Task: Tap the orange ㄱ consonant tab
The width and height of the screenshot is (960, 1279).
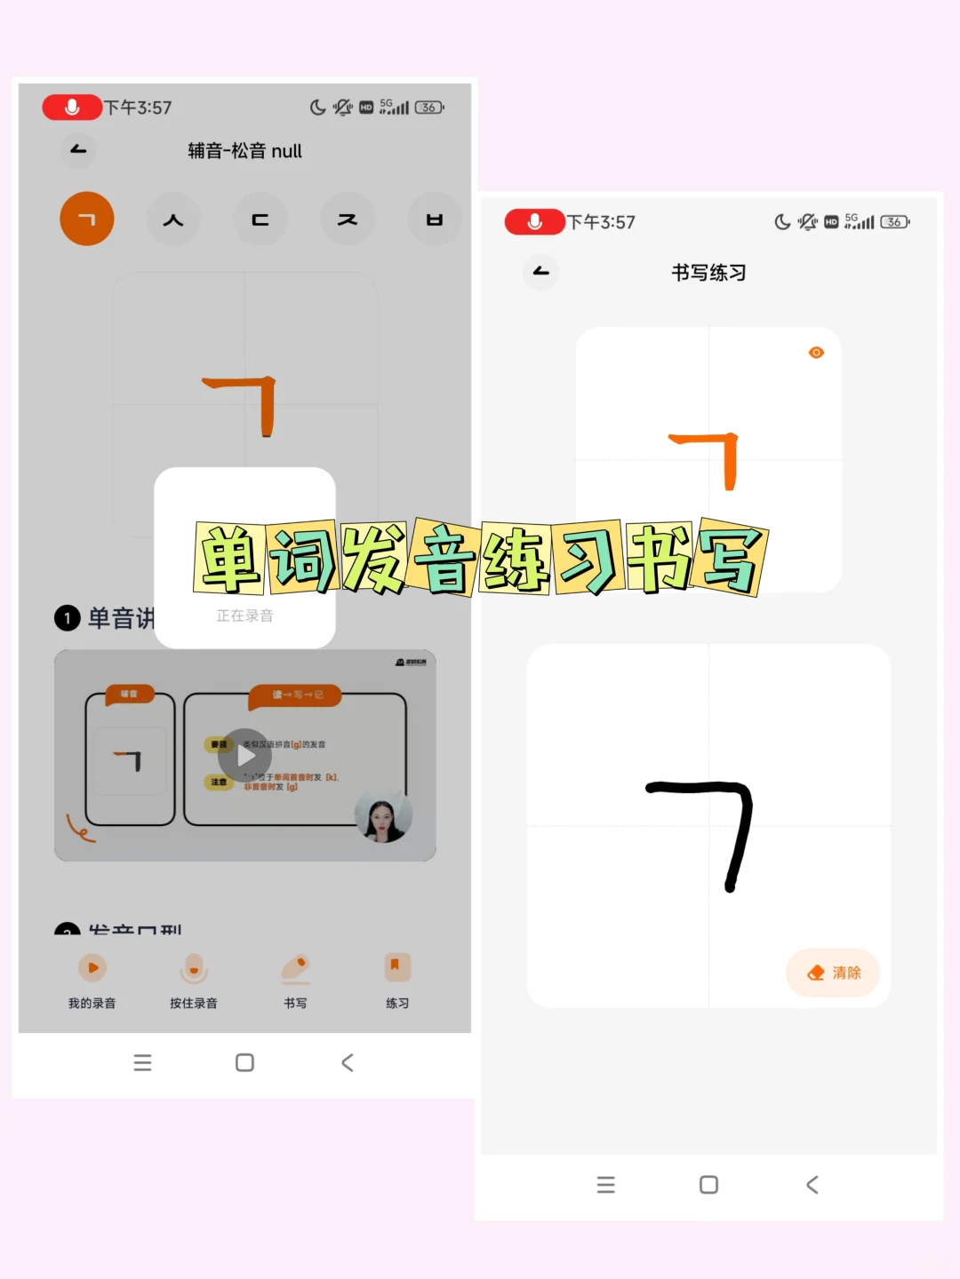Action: point(87,218)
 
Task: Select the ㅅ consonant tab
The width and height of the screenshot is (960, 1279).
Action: point(173,219)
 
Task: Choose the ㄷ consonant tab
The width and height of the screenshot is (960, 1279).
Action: point(260,219)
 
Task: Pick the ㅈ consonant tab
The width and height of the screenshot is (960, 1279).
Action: point(347,219)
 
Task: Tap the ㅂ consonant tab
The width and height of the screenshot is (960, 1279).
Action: point(434,219)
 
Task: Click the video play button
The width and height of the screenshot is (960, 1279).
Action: point(245,756)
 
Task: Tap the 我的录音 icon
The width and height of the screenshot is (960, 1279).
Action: point(92,968)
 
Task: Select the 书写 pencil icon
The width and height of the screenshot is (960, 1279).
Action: point(295,968)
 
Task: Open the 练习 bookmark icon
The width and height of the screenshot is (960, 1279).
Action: point(396,968)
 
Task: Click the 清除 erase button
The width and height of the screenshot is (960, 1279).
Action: point(833,973)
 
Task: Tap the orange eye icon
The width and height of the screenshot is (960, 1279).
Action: point(816,353)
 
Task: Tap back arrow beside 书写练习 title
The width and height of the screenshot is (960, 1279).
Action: point(540,272)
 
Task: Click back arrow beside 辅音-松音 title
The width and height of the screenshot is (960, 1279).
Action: point(78,150)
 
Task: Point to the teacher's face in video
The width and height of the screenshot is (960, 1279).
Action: point(383,814)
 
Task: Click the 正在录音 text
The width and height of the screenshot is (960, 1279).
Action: point(244,616)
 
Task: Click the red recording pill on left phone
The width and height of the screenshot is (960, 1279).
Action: point(72,107)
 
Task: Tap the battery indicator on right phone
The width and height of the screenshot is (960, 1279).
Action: point(894,222)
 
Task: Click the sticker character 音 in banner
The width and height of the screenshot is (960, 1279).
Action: point(444,558)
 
